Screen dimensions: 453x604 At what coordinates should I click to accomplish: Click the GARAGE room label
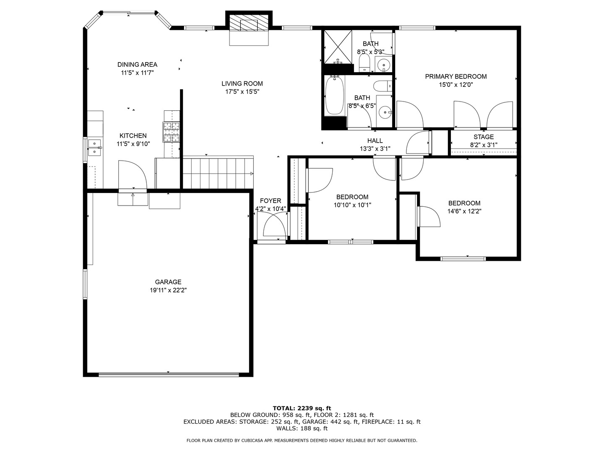tap(168, 282)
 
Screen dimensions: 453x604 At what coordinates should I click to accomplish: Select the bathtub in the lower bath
tap(335, 96)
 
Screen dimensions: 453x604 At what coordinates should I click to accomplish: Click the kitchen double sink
tap(95, 148)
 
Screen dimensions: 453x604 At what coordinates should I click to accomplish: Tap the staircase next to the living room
tap(218, 173)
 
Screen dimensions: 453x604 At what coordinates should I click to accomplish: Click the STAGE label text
tap(484, 137)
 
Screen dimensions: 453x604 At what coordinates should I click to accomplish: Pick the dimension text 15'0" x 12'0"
tap(456, 85)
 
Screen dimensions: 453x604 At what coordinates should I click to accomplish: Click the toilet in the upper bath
tap(364, 63)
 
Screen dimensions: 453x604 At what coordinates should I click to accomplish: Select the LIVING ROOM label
tap(242, 83)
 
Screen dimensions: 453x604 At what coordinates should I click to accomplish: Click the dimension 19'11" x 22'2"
tap(168, 290)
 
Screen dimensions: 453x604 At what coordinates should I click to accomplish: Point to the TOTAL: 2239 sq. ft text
tap(302, 408)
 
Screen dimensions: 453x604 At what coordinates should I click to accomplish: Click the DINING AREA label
tap(137, 65)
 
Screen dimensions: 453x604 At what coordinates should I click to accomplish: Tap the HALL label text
tap(375, 141)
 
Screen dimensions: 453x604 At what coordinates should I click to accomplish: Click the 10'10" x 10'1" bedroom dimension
tap(352, 205)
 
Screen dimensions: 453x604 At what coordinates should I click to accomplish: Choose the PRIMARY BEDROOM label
tap(456, 76)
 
